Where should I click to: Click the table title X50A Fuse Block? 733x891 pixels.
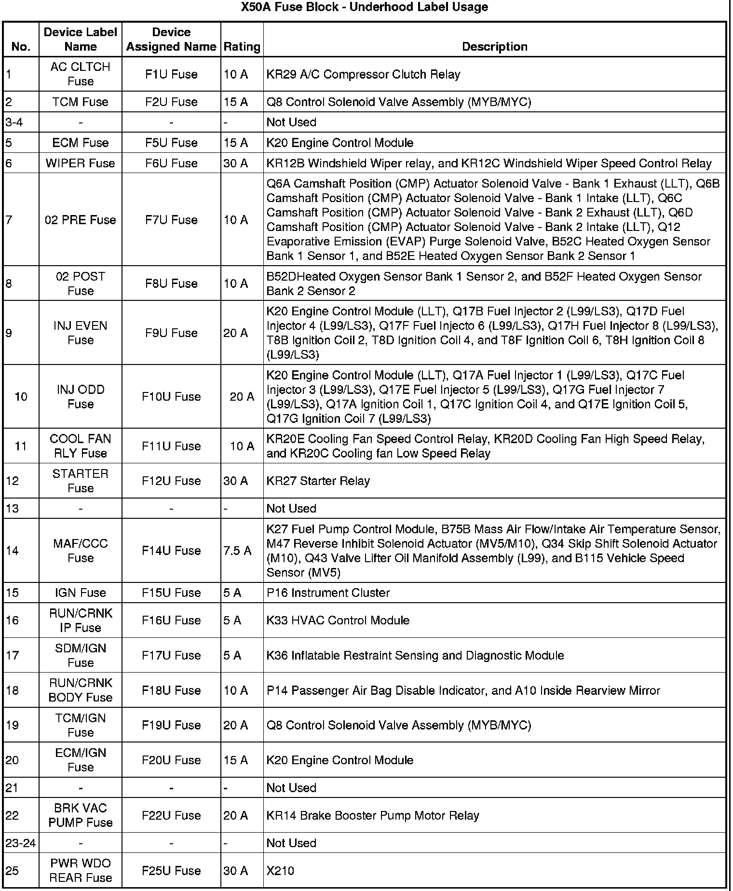pos(364,7)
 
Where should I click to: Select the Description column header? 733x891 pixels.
pos(494,47)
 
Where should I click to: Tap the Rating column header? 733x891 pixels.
pos(242,47)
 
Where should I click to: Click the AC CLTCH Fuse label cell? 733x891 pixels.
pos(80,74)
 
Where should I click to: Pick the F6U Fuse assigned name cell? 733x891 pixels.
pos(171,163)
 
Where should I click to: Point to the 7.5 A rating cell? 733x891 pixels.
pos(237,551)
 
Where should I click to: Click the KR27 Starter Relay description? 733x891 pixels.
pos(318,481)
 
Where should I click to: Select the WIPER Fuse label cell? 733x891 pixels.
pos(80,163)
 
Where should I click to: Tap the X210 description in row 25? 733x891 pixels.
pos(280,871)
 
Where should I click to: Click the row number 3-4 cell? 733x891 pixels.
pos(14,122)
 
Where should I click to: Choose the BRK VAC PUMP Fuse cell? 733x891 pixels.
pos(80,815)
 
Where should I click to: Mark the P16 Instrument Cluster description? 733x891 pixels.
pos(328,593)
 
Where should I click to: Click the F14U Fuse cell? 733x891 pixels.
pos(171,551)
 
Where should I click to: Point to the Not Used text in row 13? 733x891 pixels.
pos(291,509)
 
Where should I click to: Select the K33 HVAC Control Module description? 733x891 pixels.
pos(338,620)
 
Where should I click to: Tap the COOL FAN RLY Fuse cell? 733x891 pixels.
pos(80,446)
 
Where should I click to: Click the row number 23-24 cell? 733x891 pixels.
pos(20,843)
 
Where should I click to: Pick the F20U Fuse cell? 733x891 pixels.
pos(171,760)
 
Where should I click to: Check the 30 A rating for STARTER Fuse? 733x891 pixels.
pos(235,481)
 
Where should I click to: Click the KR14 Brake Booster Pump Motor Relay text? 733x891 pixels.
pos(373,815)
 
